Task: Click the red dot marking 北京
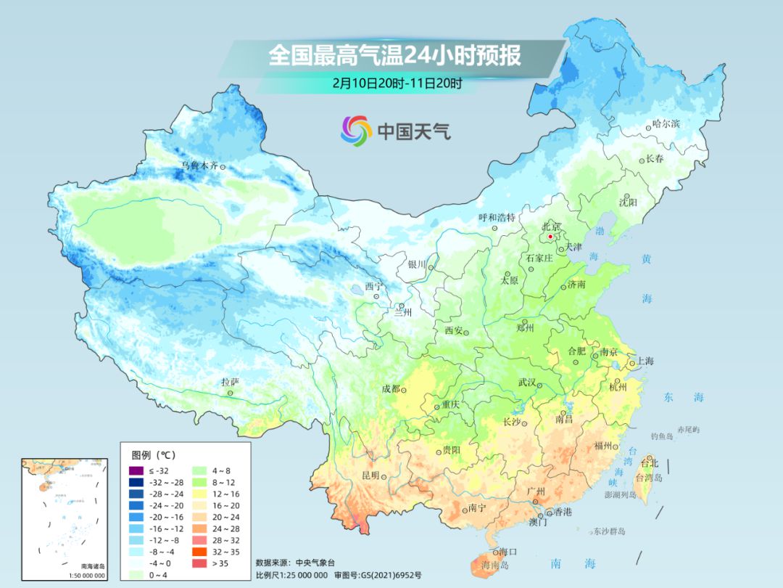550,237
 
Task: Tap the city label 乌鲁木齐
199,166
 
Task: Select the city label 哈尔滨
666,124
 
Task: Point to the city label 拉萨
230,382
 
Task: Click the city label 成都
391,389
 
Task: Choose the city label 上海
645,361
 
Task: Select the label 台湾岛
649,478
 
